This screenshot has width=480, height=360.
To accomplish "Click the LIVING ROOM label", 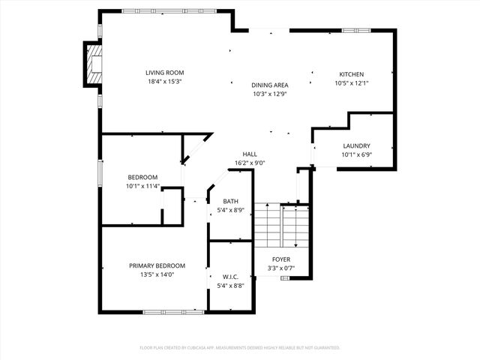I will point(164,73).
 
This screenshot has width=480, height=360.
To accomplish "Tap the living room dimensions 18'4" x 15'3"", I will point(164,81).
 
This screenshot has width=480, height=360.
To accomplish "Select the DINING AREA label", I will point(270,85).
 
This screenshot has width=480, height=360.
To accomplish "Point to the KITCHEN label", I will point(351,74).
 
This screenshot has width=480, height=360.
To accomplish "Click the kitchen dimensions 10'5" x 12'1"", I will point(351,82).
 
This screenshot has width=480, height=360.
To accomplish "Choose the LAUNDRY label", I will point(356,146).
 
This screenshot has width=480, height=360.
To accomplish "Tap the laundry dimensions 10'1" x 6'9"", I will point(356,154).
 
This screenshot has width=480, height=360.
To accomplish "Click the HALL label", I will point(250,154).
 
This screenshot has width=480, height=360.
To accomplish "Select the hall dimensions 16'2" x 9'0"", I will point(250,163).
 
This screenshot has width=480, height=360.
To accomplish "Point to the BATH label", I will point(230,202).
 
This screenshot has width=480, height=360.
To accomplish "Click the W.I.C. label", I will point(230,277).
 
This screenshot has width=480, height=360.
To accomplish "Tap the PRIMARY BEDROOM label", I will point(157,265).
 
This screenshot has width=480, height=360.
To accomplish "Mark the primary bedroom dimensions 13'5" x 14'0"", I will point(157,274).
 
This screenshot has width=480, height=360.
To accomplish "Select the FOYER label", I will point(282,259).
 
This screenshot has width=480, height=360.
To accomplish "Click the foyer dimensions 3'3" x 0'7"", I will point(282,268).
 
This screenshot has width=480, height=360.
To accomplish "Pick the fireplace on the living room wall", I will point(92,64).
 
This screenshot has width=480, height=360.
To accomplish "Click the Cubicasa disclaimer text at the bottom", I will point(240,347).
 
